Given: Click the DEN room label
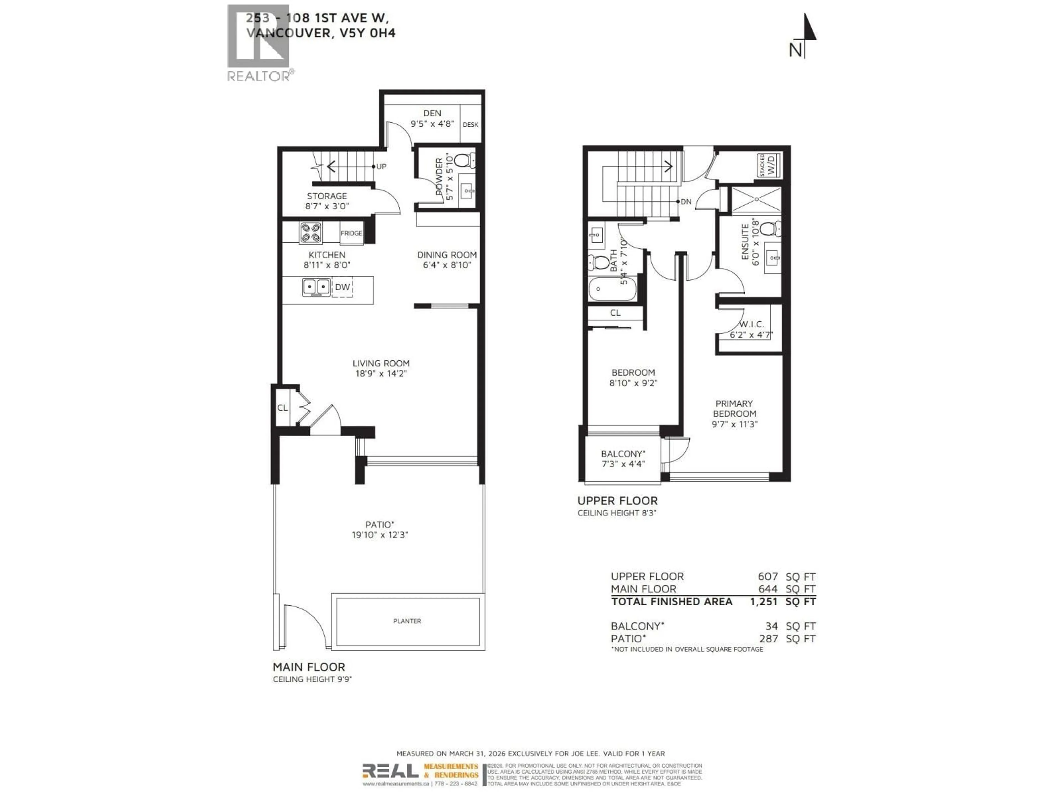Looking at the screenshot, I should [432, 113].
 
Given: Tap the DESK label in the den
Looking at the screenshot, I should [470, 125].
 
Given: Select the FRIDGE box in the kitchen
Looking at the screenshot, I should [351, 233].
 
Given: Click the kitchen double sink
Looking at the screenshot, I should [316, 287].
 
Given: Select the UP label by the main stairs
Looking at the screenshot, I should [381, 166].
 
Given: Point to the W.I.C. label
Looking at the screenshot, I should [751, 325].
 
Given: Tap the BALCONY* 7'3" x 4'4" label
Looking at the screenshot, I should [623, 459].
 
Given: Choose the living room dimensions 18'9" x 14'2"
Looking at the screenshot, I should [381, 374].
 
